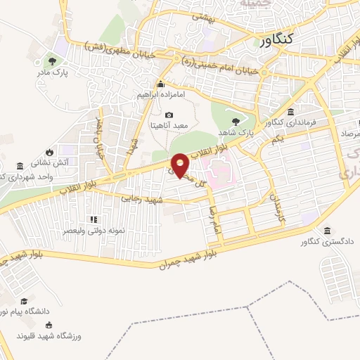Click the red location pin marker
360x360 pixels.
pyautogui.click(x=181, y=165)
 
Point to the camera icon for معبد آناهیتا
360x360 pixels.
pyautogui.click(x=169, y=115)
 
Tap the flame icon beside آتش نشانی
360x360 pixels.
pyautogui.click(x=49, y=152)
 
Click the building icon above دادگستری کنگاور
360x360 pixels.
pyautogui.click(x=327, y=231)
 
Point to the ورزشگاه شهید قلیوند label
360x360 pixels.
pyautogui.click(x=49, y=336)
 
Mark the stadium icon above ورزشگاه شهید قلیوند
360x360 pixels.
pyautogui.click(x=49, y=325)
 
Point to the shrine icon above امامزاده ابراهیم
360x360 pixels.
pyautogui.click(x=160, y=84)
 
